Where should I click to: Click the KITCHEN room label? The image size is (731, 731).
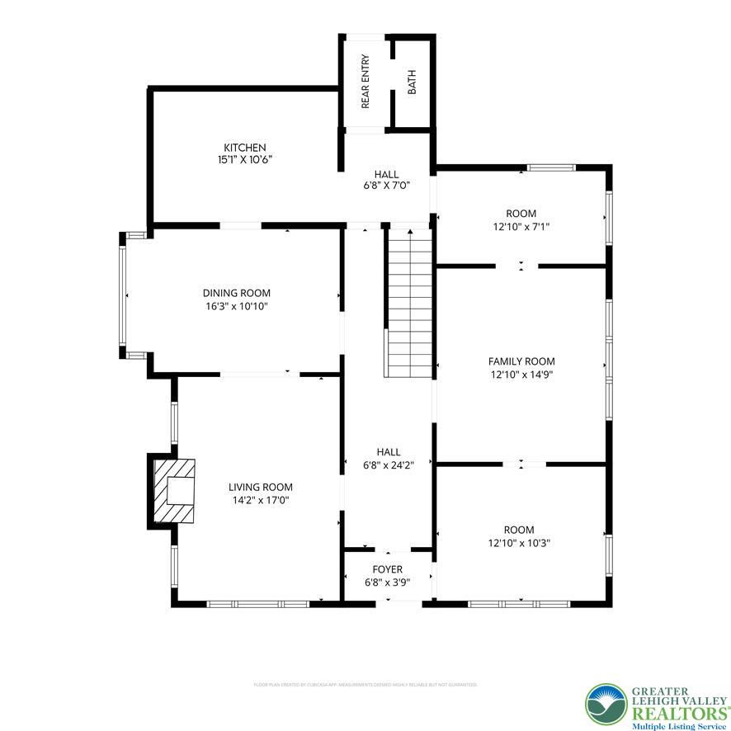click(244, 148)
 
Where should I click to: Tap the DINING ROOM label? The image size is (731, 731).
click(237, 293)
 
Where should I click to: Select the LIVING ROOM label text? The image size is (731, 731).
click(260, 487)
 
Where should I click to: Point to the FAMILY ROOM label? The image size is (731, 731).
click(521, 361)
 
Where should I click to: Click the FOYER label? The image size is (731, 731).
click(387, 569)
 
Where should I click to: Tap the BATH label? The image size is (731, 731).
click(412, 82)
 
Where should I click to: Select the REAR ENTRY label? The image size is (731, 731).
click(365, 82)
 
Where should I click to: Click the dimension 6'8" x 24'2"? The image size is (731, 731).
click(388, 465)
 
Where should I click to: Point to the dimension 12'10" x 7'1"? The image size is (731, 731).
click(521, 226)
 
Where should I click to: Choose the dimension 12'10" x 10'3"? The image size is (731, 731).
click(519, 542)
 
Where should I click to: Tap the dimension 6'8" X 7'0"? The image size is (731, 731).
click(386, 186)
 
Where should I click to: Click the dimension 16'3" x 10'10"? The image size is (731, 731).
click(237, 306)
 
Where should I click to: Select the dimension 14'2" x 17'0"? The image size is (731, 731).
click(260, 499)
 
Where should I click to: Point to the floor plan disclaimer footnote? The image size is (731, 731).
click(365, 684)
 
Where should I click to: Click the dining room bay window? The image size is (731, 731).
click(124, 295)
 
